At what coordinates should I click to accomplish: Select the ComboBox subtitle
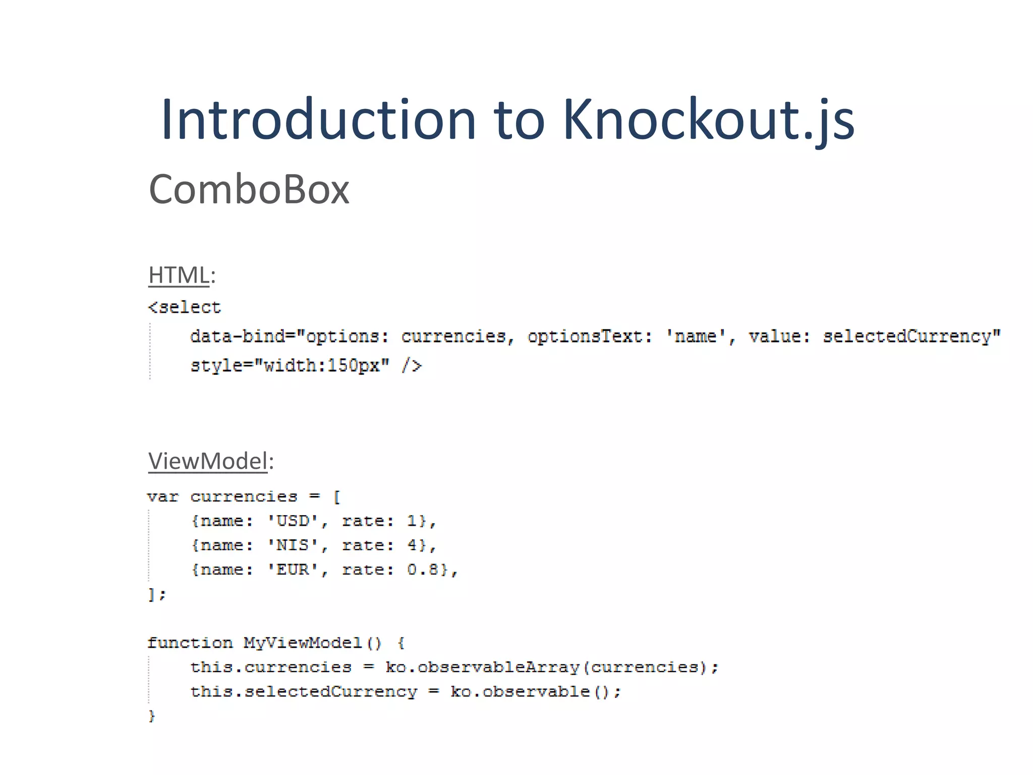[249, 189]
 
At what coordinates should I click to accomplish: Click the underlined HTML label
[179, 275]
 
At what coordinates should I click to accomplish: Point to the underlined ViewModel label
[207, 461]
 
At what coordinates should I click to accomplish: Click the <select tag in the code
[185, 307]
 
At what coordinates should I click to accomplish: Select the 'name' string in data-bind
[696, 336]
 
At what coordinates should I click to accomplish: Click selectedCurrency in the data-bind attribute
[907, 336]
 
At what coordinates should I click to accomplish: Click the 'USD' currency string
[293, 521]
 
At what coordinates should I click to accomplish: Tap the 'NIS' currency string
[293, 545]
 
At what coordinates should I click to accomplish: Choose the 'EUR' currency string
[293, 570]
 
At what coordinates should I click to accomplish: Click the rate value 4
[413, 545]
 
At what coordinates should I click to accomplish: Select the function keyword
[190, 643]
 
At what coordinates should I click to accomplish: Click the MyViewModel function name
[303, 643]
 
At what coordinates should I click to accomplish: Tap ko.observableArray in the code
[483, 668]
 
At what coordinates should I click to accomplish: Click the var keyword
[162, 497]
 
